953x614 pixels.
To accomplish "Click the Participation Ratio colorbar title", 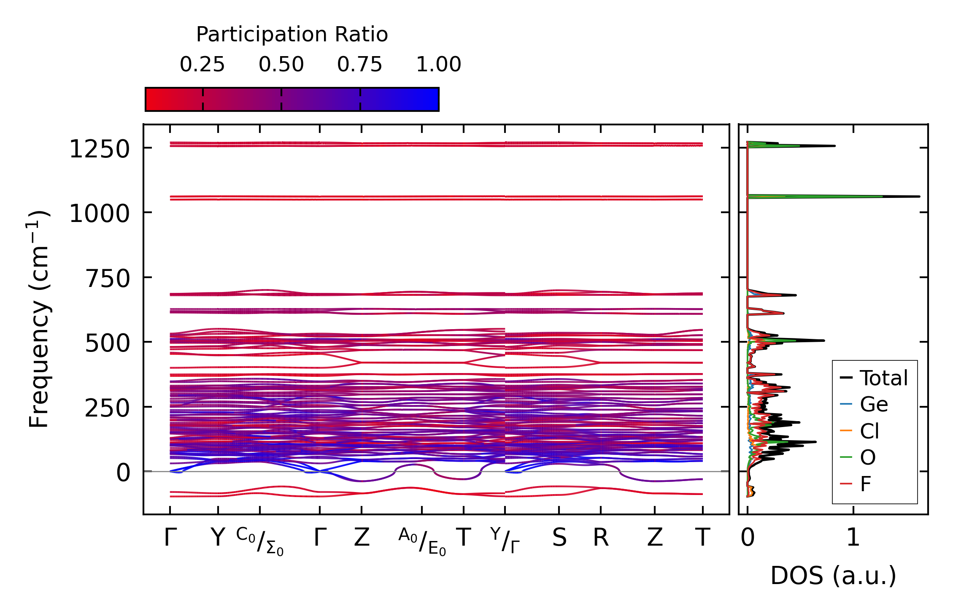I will click(x=292, y=35).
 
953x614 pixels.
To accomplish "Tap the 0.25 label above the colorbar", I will click(x=202, y=65).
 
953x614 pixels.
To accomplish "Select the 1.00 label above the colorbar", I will click(x=439, y=65).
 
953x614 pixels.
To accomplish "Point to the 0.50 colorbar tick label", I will click(x=281, y=65).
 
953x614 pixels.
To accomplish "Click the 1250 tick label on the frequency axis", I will click(x=99, y=149).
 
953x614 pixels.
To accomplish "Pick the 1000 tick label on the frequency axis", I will click(x=99, y=214).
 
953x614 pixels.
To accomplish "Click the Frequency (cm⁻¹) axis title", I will click(x=39, y=319).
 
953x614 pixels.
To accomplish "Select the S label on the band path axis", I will click(x=559, y=538).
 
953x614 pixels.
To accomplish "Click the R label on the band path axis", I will click(x=601, y=538).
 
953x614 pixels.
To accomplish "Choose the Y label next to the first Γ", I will click(x=218, y=538).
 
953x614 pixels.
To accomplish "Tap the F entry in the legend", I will click(x=866, y=484).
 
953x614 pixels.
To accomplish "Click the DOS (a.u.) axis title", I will click(x=833, y=576).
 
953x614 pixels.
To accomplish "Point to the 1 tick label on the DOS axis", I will click(x=853, y=538).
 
